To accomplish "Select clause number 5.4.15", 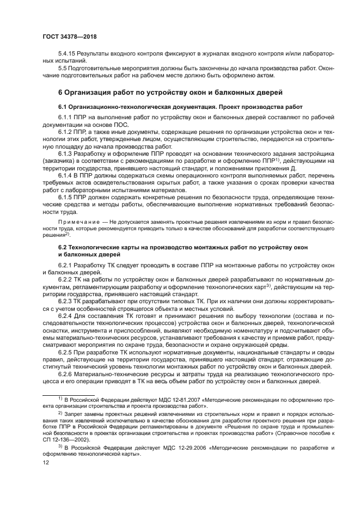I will [68, 56].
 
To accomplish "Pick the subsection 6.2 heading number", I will [64, 248].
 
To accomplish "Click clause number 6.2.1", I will [66, 265].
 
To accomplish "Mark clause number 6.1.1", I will [66, 117].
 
